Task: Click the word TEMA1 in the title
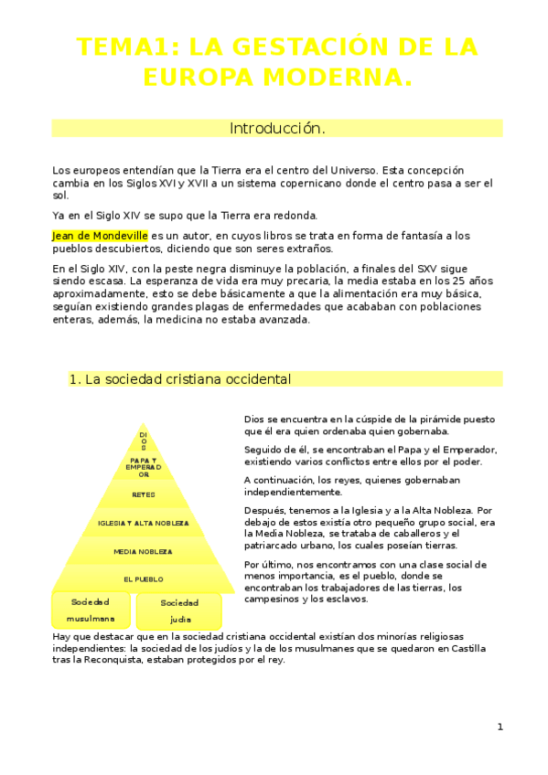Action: click(x=115, y=47)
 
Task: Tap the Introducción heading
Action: click(x=276, y=128)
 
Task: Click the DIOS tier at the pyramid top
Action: click(x=143, y=441)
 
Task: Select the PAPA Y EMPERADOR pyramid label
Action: click(x=144, y=467)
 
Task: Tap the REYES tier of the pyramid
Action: click(x=144, y=494)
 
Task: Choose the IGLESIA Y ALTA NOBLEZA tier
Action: click(x=143, y=523)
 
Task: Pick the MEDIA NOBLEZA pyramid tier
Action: click(x=143, y=551)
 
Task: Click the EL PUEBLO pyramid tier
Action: click(x=143, y=579)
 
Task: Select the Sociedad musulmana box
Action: click(x=90, y=610)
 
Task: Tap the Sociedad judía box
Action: click(x=179, y=610)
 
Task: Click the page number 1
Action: click(x=500, y=727)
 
